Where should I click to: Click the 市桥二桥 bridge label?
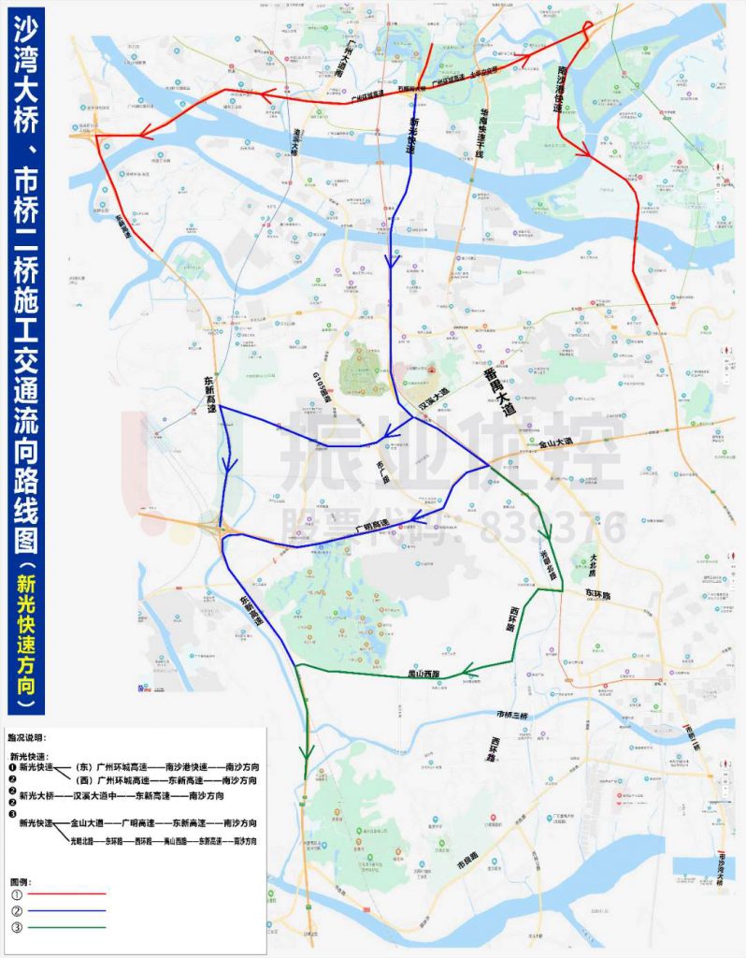point(691,740)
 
